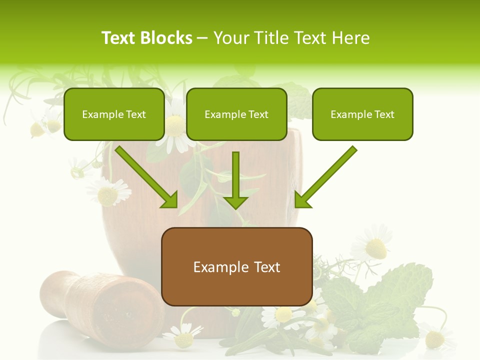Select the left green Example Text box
pyautogui.click(x=114, y=114)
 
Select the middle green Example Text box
pyautogui.click(x=236, y=114)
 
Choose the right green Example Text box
pyautogui.click(x=362, y=114)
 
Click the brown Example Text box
pyautogui.click(x=236, y=266)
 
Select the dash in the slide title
pyautogui.click(x=202, y=38)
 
